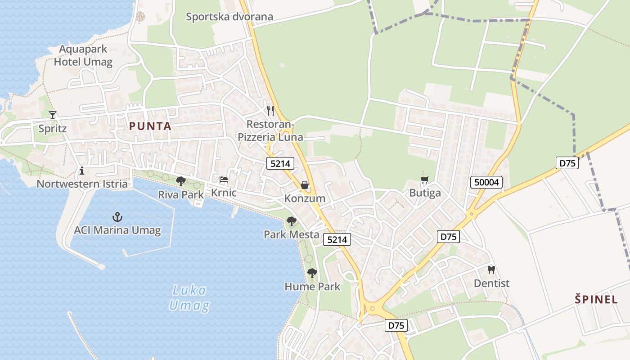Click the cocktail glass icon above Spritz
tap(53, 115)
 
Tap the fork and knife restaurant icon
tap(270, 110)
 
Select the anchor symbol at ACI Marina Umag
tap(117, 217)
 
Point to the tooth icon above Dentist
tap(491, 270)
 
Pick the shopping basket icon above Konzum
tap(305, 185)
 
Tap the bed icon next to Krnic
tap(224, 180)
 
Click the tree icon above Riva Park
tap(181, 181)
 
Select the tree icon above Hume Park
tap(312, 273)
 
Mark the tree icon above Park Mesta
tap(292, 221)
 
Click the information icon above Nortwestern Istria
tap(82, 171)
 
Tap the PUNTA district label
tap(150, 126)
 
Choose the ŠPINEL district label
tap(596, 299)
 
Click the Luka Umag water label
tap(189, 298)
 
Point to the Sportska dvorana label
tap(229, 17)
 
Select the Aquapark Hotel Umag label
tap(83, 55)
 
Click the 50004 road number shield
tap(486, 182)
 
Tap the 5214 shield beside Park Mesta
tap(337, 240)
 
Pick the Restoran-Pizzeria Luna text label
tap(270, 130)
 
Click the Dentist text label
tap(491, 283)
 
